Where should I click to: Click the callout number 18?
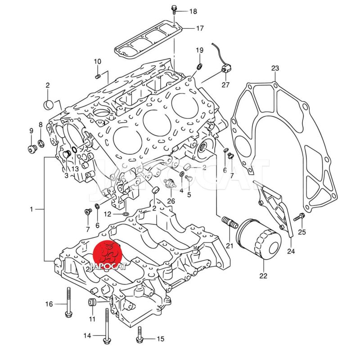pyautogui.click(x=193, y=11)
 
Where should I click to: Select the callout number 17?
pyautogui.click(x=200, y=28)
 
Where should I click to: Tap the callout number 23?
pyautogui.click(x=275, y=68)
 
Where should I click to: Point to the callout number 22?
pyautogui.click(x=263, y=276)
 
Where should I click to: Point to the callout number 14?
pyautogui.click(x=87, y=336)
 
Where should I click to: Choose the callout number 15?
pyautogui.click(x=161, y=339)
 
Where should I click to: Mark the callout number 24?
pyautogui.click(x=291, y=252)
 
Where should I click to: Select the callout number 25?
pyautogui.click(x=301, y=232)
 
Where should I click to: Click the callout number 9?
pyautogui.click(x=31, y=131)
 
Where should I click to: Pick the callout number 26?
pyautogui.click(x=171, y=201)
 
